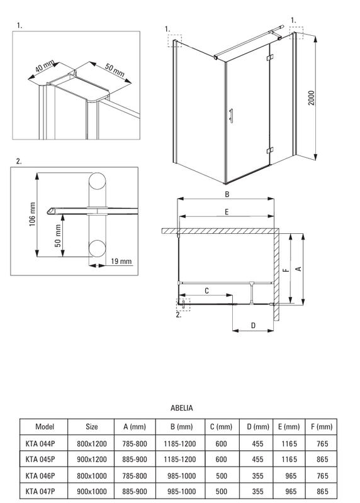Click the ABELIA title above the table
coord(181,408)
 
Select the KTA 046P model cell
coord(40,475)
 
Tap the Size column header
coord(91,427)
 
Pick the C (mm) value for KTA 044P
coord(222,444)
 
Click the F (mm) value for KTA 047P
coord(322,491)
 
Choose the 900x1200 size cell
coord(91,460)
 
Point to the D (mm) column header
coord(258,427)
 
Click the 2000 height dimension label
coord(311,98)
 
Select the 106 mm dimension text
coord(33,214)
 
